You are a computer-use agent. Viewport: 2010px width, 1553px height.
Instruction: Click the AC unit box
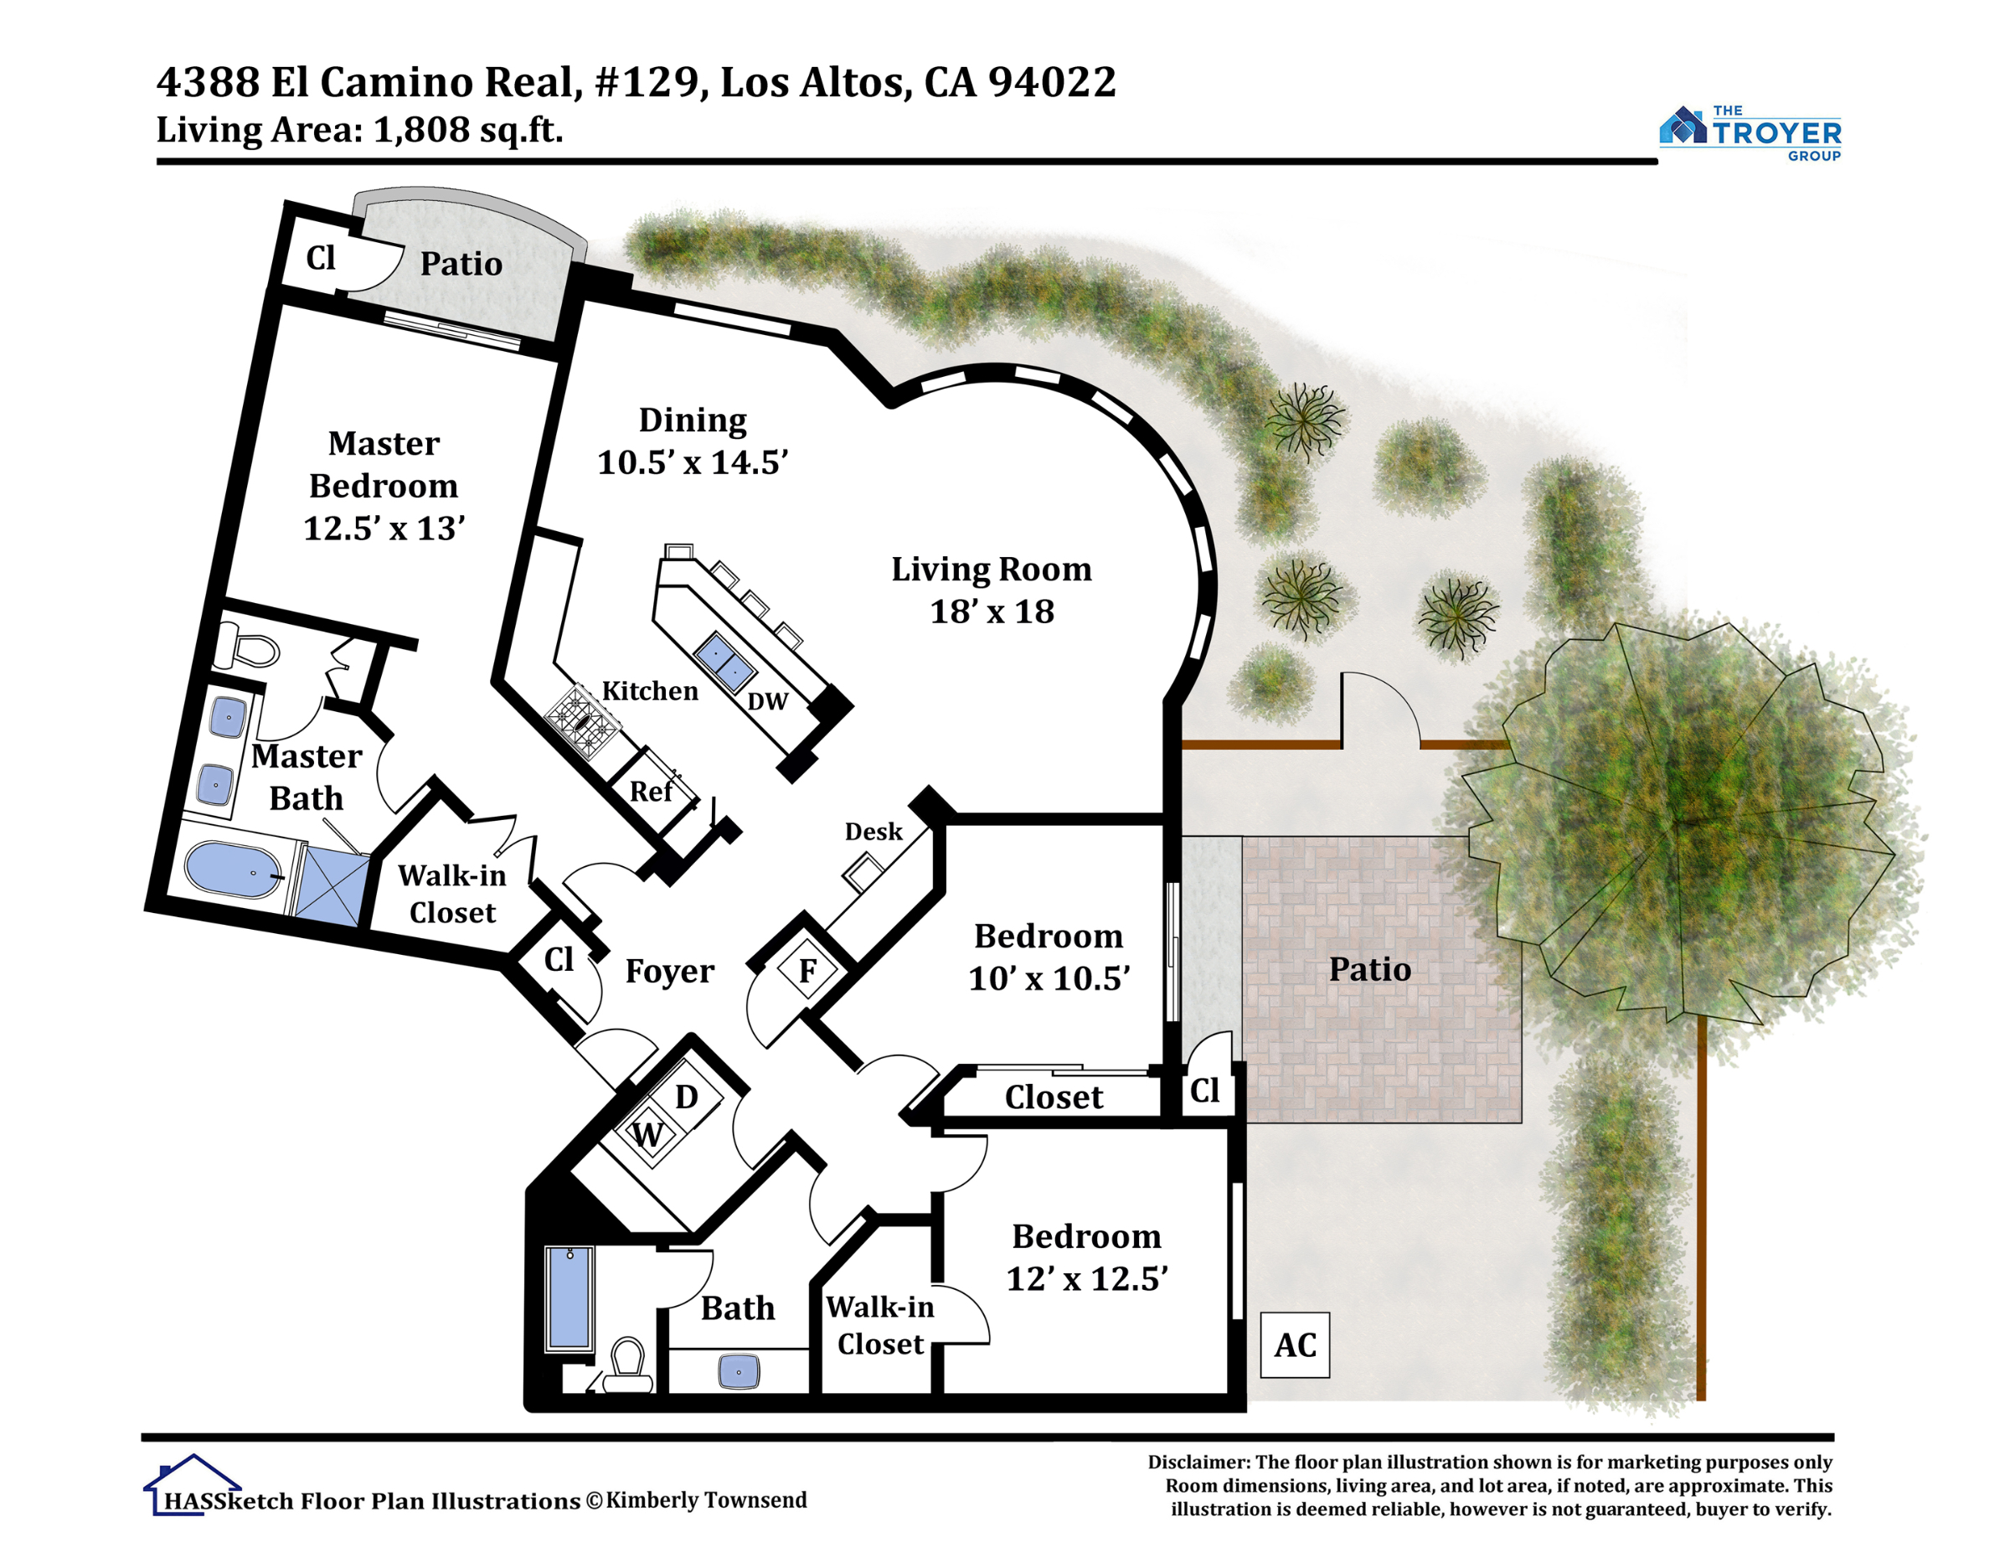1295,1345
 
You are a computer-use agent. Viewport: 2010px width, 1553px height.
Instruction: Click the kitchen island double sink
724,662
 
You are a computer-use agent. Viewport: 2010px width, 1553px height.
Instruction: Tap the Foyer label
669,971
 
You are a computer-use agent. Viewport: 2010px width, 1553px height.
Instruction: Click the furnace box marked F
807,970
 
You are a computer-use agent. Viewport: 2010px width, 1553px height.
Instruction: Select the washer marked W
649,1134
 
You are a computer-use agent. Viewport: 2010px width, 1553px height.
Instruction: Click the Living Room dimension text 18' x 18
992,612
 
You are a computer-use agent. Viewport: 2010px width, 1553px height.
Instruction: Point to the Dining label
693,420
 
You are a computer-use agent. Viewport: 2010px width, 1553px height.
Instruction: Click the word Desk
874,832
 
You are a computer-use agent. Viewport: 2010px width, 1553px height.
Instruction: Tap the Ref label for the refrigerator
651,792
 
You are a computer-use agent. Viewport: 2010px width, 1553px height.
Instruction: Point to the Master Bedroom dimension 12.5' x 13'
384,529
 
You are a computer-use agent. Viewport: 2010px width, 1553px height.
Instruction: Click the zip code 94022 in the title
1052,83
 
